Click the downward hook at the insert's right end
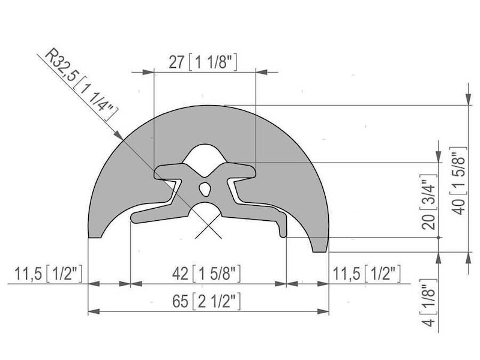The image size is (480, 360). (282, 227)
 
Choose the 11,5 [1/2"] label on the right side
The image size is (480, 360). (366, 274)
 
